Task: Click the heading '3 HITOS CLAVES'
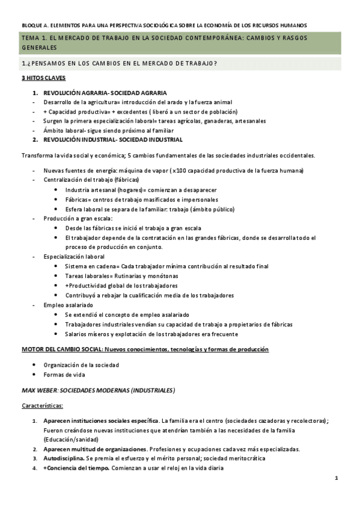[x=43, y=78]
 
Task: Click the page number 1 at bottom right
[x=337, y=478]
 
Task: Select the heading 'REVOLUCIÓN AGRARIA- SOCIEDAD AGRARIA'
[x=99, y=93]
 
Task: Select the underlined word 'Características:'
[x=43, y=405]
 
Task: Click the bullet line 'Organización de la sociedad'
[x=81, y=364]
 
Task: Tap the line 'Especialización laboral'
[x=74, y=257]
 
